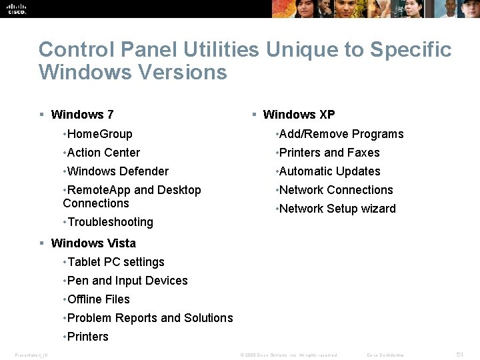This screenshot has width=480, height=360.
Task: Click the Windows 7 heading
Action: click(82, 115)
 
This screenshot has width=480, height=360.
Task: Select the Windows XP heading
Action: click(299, 115)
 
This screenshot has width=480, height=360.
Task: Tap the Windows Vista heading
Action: click(93, 243)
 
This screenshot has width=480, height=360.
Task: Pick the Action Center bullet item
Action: click(104, 153)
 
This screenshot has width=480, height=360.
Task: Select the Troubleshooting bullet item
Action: click(110, 222)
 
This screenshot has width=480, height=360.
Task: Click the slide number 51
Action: click(459, 354)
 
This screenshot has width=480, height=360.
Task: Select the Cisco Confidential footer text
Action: click(386, 355)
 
